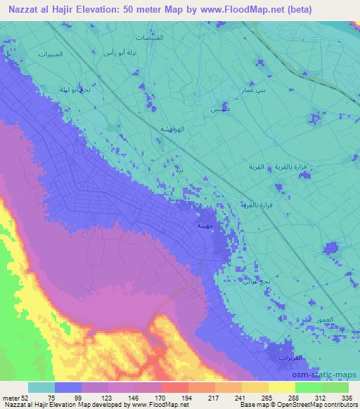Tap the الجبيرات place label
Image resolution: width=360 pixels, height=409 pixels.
[50, 55]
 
